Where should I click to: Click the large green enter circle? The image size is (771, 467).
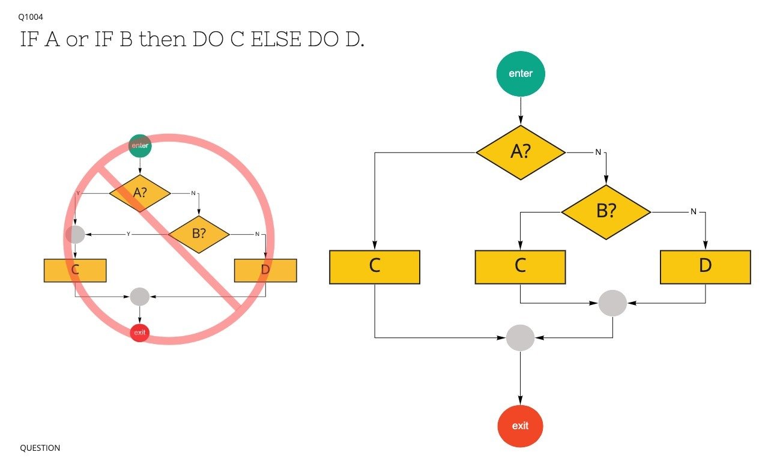pos(520,74)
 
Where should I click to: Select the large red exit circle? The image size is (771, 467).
pos(520,426)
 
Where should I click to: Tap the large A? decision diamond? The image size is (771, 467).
pos(521,152)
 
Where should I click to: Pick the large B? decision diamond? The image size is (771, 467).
pos(606,212)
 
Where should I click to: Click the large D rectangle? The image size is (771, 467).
pos(705,267)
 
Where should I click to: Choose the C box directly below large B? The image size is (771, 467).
pos(520,267)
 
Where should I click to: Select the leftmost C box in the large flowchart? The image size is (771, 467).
pos(374,267)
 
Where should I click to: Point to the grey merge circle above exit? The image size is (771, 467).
pos(520,338)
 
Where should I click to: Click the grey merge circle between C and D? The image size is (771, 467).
pos(612,303)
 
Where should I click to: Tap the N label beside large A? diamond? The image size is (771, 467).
pos(598,152)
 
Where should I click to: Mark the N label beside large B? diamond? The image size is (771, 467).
pos(693,212)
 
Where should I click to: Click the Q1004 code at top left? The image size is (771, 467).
pos(31,17)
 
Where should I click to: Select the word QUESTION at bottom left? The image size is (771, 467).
pos(40,448)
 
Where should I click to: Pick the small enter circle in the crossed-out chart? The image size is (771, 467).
pos(140,145)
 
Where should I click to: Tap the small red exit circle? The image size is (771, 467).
pos(140,332)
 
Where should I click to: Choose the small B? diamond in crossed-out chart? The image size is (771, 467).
pos(199,234)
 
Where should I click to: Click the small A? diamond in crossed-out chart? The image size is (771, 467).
pos(140,193)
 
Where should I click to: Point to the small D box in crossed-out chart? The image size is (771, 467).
pos(265,270)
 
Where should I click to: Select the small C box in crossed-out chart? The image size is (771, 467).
pos(75,270)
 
